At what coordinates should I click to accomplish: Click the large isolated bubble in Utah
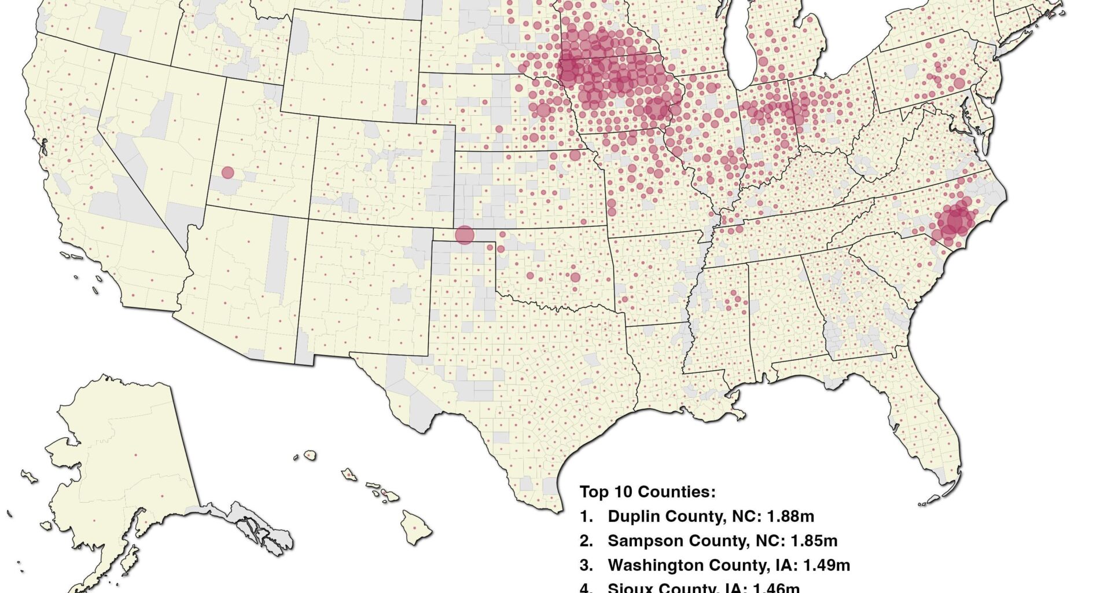[x=227, y=173]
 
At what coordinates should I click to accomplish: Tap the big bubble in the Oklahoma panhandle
[x=464, y=235]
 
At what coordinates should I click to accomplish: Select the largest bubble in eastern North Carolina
[x=955, y=221]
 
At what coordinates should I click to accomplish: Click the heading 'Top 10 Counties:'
[x=648, y=492]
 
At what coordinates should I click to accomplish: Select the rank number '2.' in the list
[x=586, y=541]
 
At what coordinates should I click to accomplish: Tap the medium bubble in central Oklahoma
[x=575, y=277]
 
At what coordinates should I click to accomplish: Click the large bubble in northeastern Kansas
[x=575, y=155]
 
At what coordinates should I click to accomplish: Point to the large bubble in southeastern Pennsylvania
[x=959, y=83]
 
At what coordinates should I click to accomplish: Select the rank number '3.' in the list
[x=586, y=565]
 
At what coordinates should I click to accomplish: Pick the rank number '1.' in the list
[x=586, y=517]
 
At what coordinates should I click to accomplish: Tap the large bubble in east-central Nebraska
[x=543, y=110]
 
